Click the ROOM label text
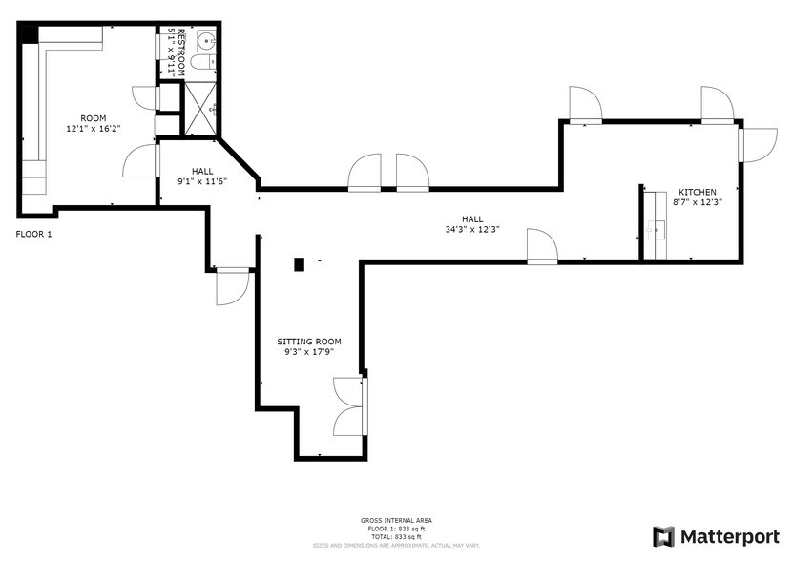pyautogui.click(x=93, y=118)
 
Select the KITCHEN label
pyautogui.click(x=697, y=192)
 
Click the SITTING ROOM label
pyautogui.click(x=308, y=342)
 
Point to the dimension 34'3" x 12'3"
pyautogui.click(x=472, y=229)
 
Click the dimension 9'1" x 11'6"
pyautogui.click(x=202, y=181)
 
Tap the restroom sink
pyautogui.click(x=207, y=39)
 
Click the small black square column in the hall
pyautogui.click(x=300, y=263)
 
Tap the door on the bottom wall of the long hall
pyautogui.click(x=541, y=245)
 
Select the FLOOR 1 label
pyautogui.click(x=33, y=233)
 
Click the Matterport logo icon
pyautogui.click(x=663, y=536)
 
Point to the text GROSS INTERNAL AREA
pyautogui.click(x=396, y=521)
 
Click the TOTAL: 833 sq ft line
pyautogui.click(x=396, y=536)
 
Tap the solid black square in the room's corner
pyautogui.click(x=29, y=33)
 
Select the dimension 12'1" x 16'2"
pyautogui.click(x=93, y=128)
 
